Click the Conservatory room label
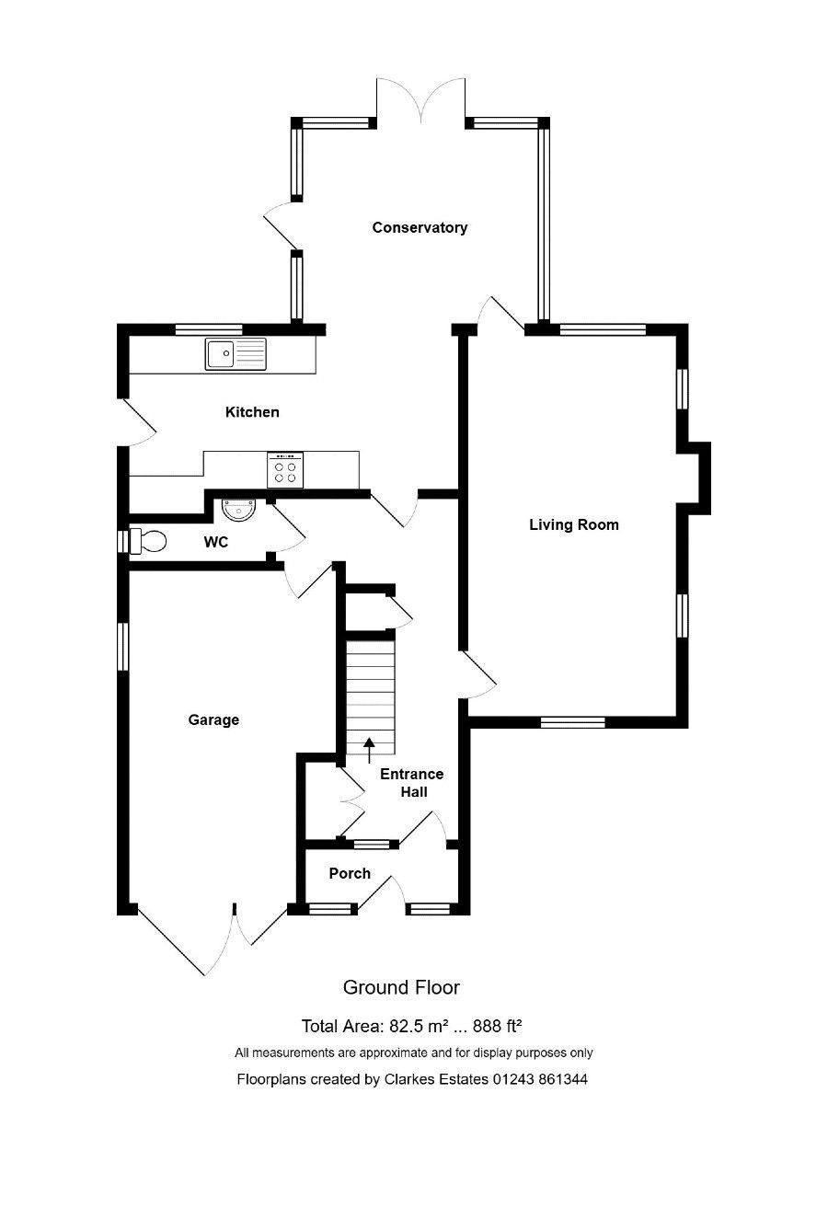[420, 227]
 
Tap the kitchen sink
[236, 354]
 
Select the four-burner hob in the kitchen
[285, 470]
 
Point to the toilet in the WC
[147, 542]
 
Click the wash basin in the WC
[238, 510]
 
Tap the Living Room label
[574, 524]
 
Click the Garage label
[213, 720]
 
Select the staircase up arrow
[369, 750]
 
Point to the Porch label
[351, 873]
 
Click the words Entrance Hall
[412, 783]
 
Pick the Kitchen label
[252, 412]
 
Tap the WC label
[216, 542]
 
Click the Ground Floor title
[401, 987]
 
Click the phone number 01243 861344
[539, 1079]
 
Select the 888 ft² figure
[497, 1026]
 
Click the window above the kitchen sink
[209, 329]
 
